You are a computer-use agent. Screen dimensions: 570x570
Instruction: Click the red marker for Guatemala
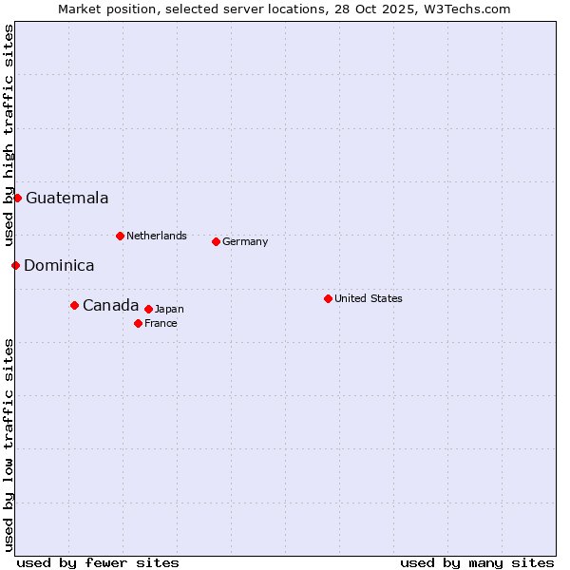click(x=17, y=198)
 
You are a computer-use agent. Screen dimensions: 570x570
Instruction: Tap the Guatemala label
click(x=66, y=199)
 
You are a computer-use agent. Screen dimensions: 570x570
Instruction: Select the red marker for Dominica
click(x=15, y=265)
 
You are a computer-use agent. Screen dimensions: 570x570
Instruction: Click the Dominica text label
click(x=59, y=266)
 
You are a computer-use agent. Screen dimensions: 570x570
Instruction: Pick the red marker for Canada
click(x=74, y=305)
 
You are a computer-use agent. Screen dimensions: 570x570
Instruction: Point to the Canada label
click(x=110, y=305)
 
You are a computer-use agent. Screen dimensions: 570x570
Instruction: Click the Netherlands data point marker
click(x=120, y=236)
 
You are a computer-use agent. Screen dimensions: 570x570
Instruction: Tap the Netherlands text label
click(x=156, y=236)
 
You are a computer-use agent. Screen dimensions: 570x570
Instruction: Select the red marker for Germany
click(x=216, y=241)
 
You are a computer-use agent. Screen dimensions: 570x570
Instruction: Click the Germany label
click(x=245, y=241)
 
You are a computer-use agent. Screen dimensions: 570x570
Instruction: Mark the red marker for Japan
click(x=148, y=309)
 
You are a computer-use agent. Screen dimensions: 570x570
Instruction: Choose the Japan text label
click(x=169, y=309)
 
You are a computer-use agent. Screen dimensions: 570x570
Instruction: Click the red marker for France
click(x=138, y=323)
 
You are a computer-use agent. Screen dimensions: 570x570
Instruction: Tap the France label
click(x=161, y=323)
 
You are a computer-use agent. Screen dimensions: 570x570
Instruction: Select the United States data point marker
click(x=328, y=298)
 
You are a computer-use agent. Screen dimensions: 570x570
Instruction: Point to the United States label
click(x=368, y=298)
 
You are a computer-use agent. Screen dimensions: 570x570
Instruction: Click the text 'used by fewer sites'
click(x=98, y=562)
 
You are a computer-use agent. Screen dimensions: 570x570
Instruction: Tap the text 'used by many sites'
click(x=477, y=562)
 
